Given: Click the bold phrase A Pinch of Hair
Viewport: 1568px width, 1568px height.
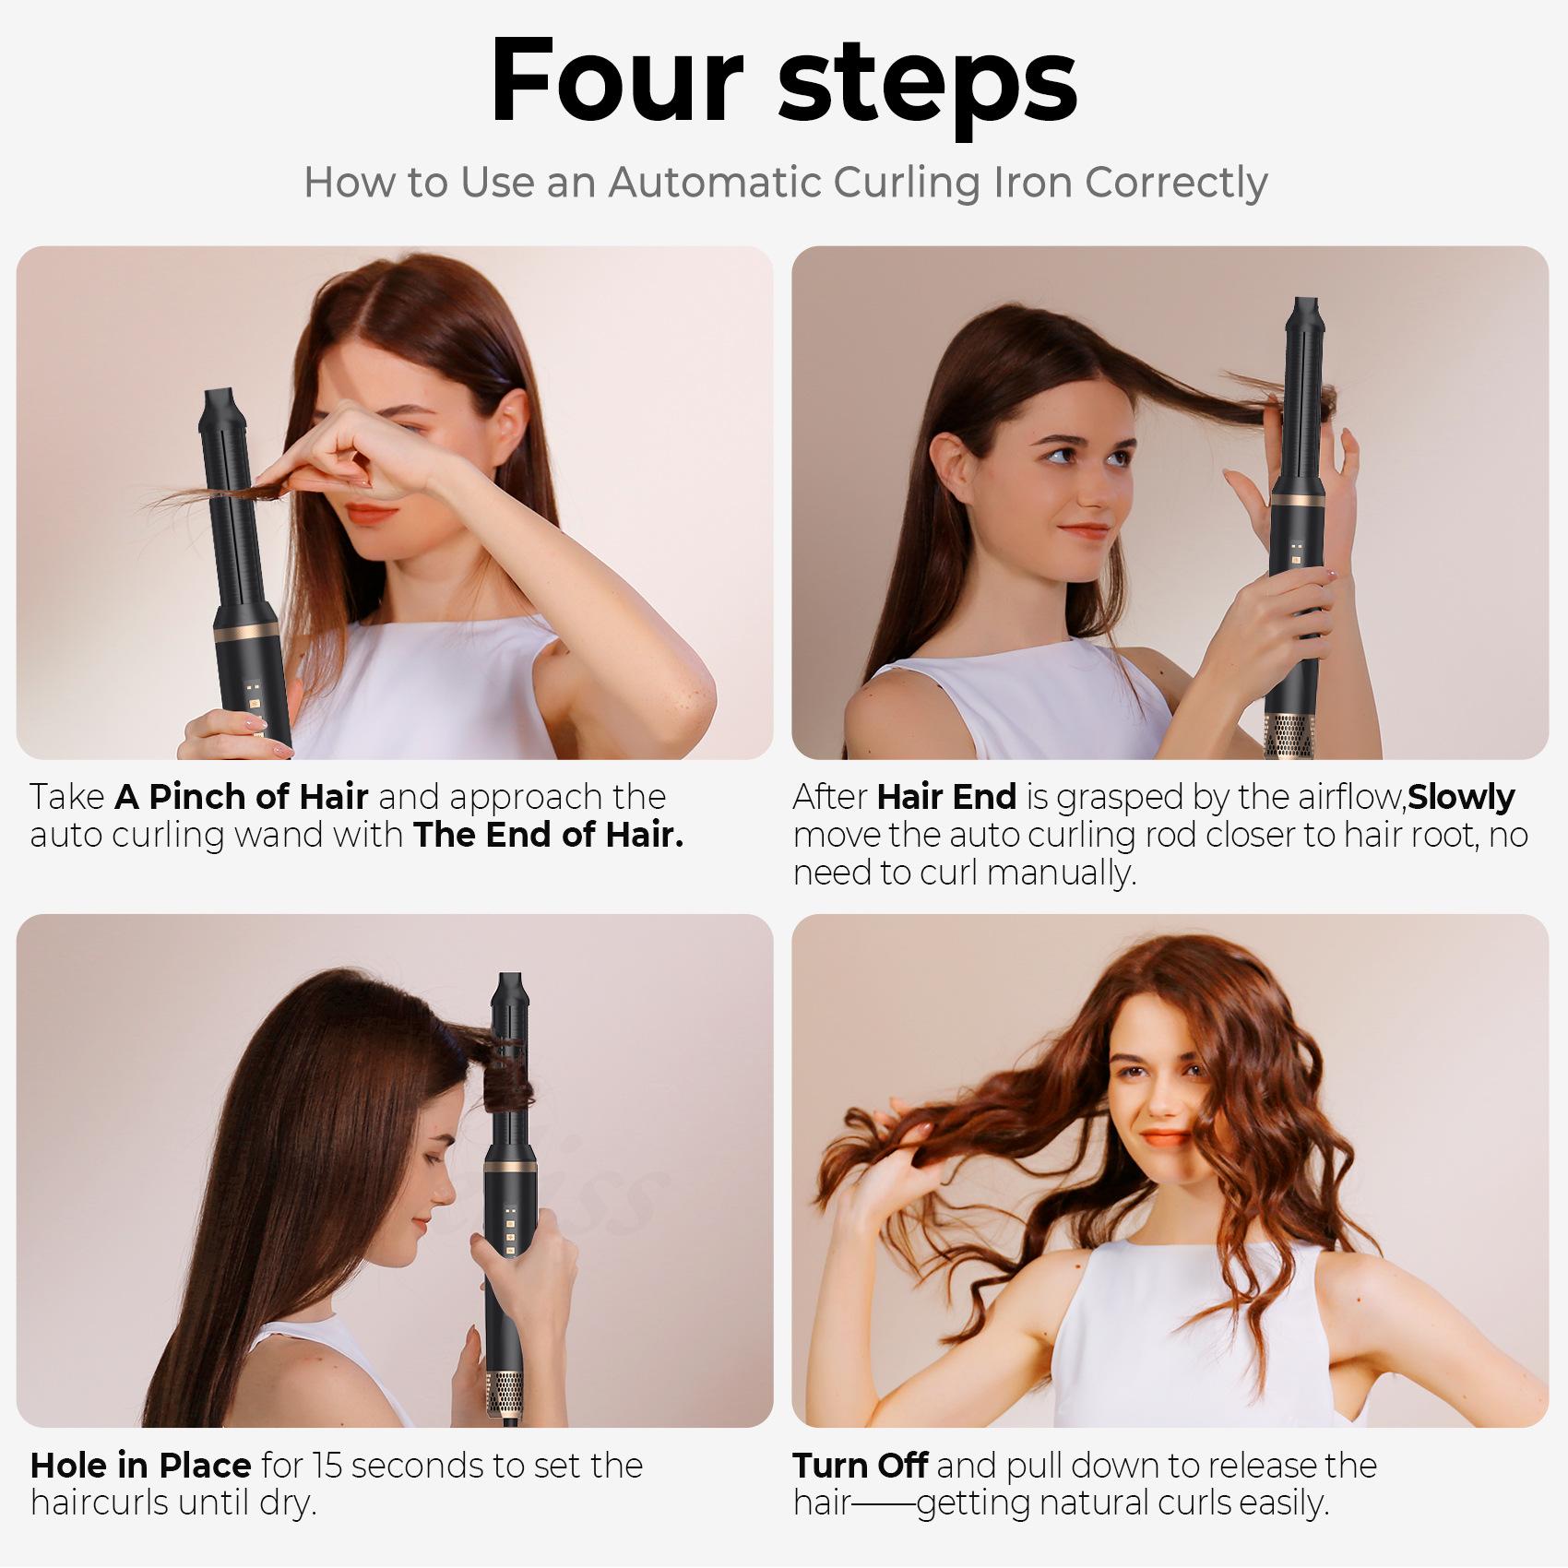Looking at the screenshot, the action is [242, 796].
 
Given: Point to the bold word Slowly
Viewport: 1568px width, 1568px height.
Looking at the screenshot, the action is [1462, 797].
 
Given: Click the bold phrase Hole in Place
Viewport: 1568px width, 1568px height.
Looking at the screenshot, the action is [140, 1465].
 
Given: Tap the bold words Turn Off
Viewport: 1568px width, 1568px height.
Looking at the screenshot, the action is [861, 1465].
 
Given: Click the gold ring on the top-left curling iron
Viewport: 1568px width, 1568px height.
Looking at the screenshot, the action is [245, 636].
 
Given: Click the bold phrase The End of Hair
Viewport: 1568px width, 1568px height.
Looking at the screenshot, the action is [548, 835].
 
